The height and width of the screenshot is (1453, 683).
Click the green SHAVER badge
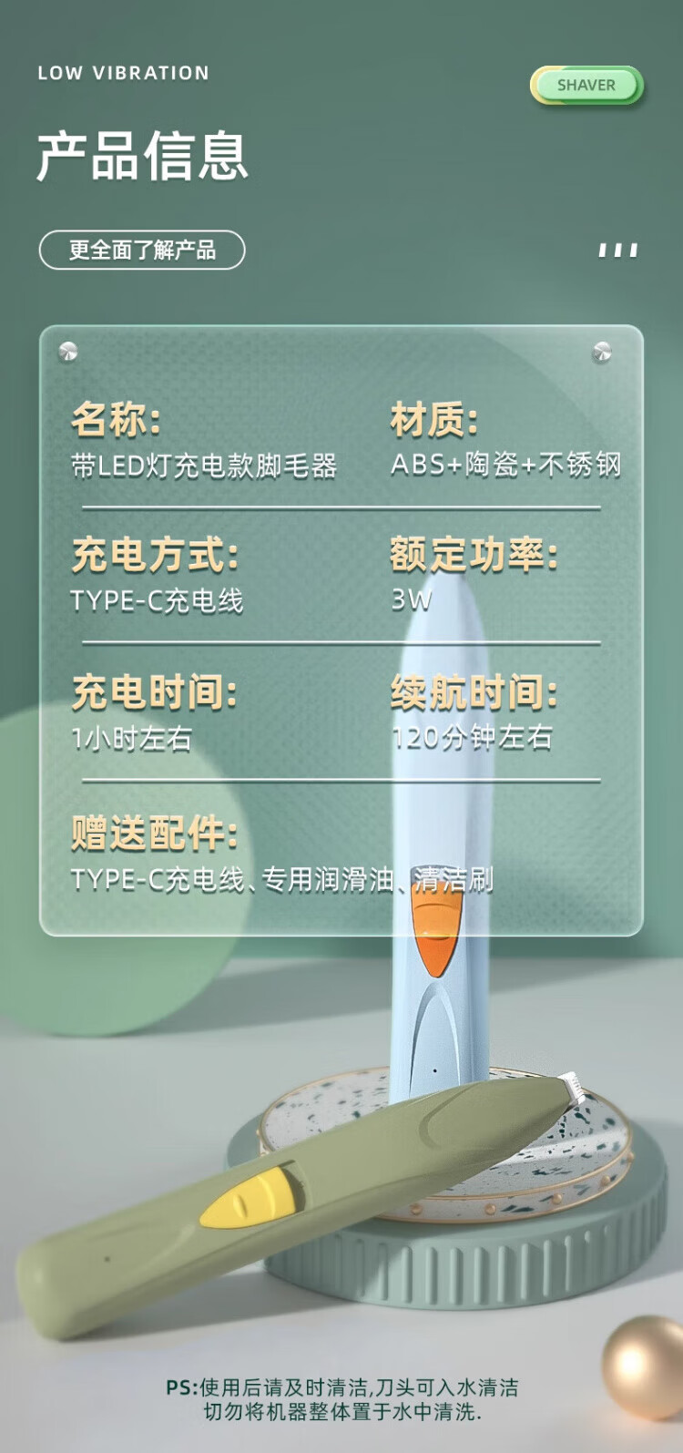(586, 85)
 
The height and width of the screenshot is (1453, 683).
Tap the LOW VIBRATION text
(123, 73)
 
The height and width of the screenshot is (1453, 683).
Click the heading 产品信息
(142, 156)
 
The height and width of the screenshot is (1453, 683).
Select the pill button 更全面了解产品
(142, 250)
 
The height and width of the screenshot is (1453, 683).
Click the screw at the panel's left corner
(68, 351)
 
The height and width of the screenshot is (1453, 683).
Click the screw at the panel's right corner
(602, 351)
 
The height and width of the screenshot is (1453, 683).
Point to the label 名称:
(116, 419)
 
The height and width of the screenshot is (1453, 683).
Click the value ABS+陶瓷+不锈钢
(506, 465)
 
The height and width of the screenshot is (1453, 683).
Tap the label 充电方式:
(155, 556)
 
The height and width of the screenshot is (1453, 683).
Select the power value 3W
(412, 600)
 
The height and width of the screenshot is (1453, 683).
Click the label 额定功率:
(474, 556)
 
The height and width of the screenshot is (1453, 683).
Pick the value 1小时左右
(132, 738)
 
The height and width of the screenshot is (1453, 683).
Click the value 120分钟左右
(473, 738)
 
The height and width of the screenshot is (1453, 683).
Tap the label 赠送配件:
(155, 833)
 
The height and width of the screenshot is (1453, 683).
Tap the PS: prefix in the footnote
(182, 1387)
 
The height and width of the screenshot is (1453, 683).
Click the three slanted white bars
(618, 250)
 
